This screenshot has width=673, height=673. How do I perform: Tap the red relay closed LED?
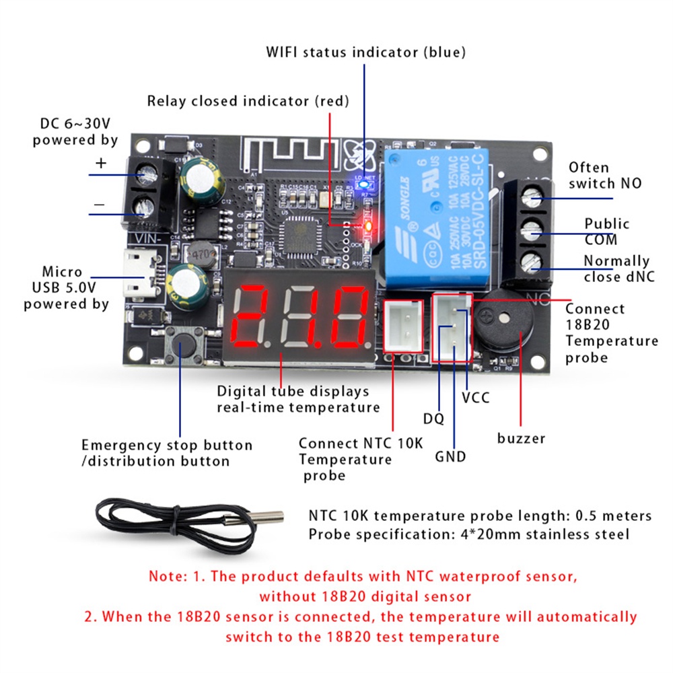point(367,227)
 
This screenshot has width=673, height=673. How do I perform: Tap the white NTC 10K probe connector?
point(403,326)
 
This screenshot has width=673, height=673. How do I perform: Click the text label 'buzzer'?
point(521,439)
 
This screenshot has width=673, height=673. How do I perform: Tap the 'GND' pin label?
point(450,457)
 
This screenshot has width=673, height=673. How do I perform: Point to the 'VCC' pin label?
point(476,398)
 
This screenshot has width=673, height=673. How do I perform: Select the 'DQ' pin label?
point(433,419)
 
